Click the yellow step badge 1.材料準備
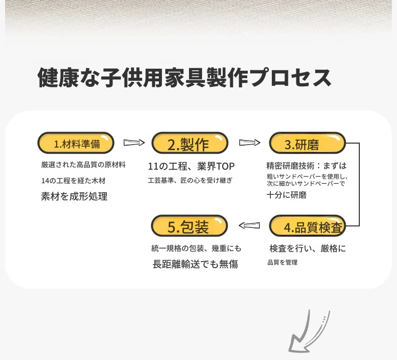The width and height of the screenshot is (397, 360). [x=76, y=143]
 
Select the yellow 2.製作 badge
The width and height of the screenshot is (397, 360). [x=190, y=143]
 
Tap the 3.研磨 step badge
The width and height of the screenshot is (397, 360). [x=308, y=143]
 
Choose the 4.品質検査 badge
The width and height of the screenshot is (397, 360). [x=308, y=225]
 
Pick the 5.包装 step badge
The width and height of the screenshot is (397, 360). [x=189, y=225]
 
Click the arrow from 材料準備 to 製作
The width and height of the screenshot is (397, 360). [x=134, y=143]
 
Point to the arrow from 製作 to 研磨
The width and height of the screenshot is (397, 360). [x=250, y=143]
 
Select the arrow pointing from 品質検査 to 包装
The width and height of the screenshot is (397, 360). [x=249, y=225]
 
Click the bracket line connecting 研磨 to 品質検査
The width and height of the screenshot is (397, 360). [x=359, y=184]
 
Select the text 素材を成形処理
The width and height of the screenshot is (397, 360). [x=74, y=196]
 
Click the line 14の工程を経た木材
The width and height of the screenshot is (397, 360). [x=73, y=181]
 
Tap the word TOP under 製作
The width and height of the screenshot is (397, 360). [x=225, y=167]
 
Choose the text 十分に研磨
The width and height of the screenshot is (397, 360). [x=286, y=195]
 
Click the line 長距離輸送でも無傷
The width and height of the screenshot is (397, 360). [x=195, y=264]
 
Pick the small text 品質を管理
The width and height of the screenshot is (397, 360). [x=282, y=263]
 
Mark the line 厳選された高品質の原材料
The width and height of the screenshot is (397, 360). [x=83, y=165]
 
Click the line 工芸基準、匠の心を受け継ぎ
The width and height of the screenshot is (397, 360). [x=190, y=180]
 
